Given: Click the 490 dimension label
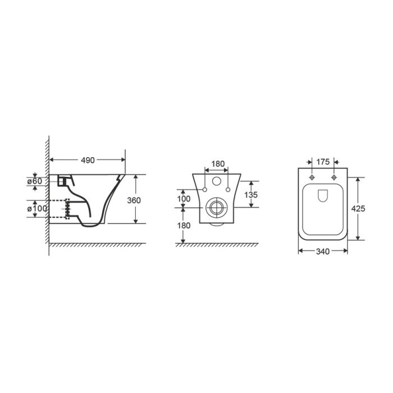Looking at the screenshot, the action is (x=88, y=160).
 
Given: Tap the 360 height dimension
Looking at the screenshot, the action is (x=134, y=200).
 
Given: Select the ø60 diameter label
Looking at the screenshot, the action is (x=35, y=181).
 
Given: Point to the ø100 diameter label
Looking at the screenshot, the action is (x=37, y=208).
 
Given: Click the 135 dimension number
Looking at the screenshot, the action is (x=251, y=194).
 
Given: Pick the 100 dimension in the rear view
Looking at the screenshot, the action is (x=184, y=199).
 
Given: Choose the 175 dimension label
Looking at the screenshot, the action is (x=323, y=162).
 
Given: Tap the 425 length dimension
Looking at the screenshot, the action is (x=358, y=208).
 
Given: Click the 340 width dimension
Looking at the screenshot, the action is (x=323, y=252).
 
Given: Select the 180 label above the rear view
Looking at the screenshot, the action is (x=218, y=164).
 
